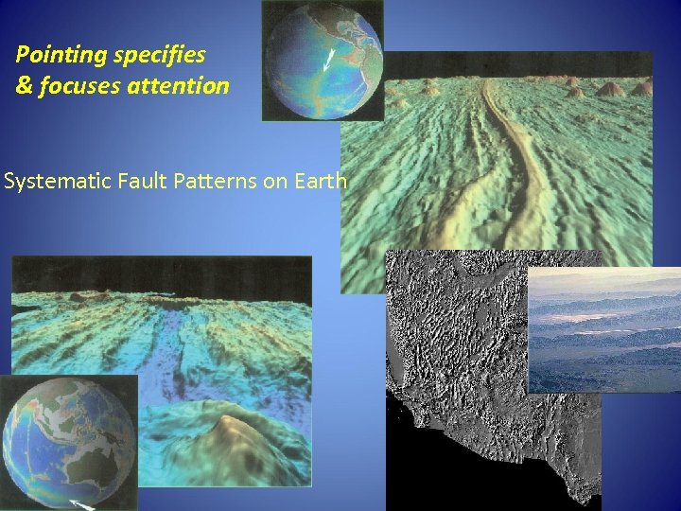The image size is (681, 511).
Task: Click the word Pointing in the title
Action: [x=61, y=55]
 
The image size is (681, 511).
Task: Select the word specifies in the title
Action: [x=161, y=55]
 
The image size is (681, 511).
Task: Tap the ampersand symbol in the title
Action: [x=24, y=86]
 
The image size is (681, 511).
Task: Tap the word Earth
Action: [x=321, y=180]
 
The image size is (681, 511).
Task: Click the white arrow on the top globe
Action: [x=329, y=60]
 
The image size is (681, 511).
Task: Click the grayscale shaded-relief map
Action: [x=473, y=379]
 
